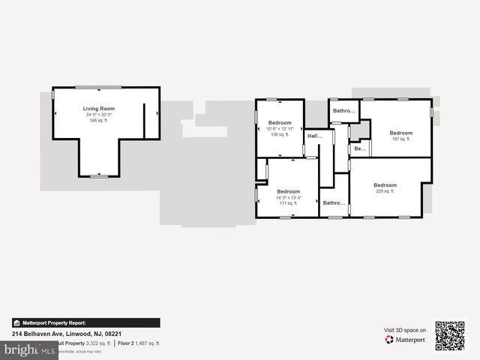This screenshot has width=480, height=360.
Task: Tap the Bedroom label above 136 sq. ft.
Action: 280,122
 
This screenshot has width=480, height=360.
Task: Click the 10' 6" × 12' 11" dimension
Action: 280,129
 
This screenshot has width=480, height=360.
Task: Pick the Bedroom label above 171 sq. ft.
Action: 289,191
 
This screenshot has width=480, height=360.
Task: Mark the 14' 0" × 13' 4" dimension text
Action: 289,197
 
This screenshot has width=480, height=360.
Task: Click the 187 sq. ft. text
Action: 400,139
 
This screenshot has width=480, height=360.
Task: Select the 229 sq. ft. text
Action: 385,191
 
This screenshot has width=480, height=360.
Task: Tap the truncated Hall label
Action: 314,136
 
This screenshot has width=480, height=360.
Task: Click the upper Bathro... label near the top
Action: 343,111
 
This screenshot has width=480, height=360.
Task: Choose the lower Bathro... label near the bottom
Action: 333,202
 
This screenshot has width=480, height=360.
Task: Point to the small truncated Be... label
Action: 360,148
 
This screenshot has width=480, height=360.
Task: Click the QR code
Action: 450,336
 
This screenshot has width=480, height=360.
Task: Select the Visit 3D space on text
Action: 405,330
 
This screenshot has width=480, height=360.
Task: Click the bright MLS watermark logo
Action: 28,350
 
